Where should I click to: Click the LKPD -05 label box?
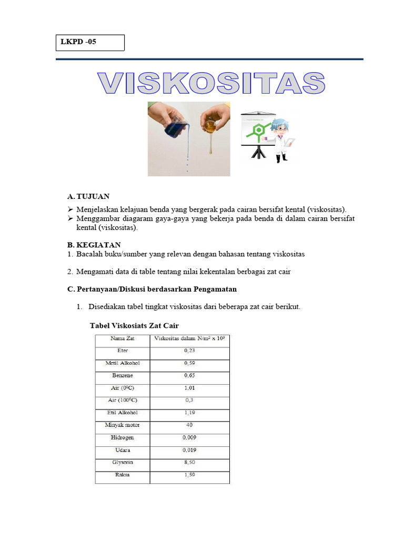point(90,43)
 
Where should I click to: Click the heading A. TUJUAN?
point(88,196)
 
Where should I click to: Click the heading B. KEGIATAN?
point(94,245)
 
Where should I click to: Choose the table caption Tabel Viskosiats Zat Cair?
point(138,326)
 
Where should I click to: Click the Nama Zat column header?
point(122,338)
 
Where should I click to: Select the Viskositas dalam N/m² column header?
point(189,338)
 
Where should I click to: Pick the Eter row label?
point(122,351)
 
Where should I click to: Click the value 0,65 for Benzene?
point(189,376)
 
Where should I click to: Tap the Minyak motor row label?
point(122,425)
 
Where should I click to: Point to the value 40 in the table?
point(189,425)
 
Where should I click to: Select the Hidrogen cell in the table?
point(122,437)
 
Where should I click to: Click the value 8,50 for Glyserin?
point(189,462)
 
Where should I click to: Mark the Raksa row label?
point(122,475)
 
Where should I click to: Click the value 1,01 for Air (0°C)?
point(189,388)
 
